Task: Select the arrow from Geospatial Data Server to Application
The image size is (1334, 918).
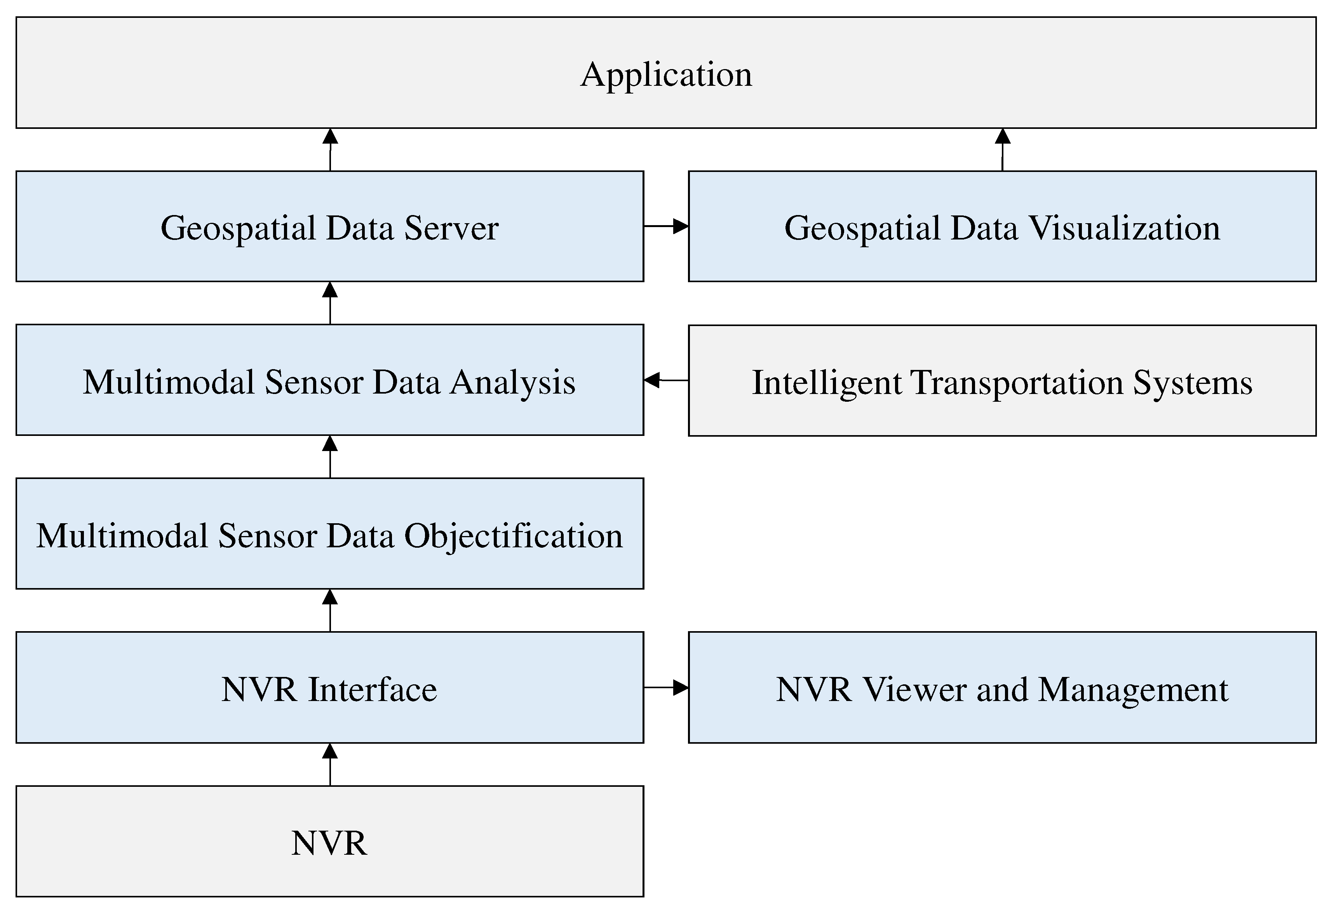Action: (330, 149)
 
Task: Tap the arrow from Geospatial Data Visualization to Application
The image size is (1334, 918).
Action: (1003, 149)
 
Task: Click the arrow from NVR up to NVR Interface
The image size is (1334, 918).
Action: (330, 764)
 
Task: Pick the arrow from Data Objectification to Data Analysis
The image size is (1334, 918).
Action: (330, 457)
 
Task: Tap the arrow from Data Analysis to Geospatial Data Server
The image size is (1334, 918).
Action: (330, 303)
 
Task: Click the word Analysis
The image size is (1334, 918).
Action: (513, 382)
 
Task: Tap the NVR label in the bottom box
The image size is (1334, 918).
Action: (329, 843)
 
